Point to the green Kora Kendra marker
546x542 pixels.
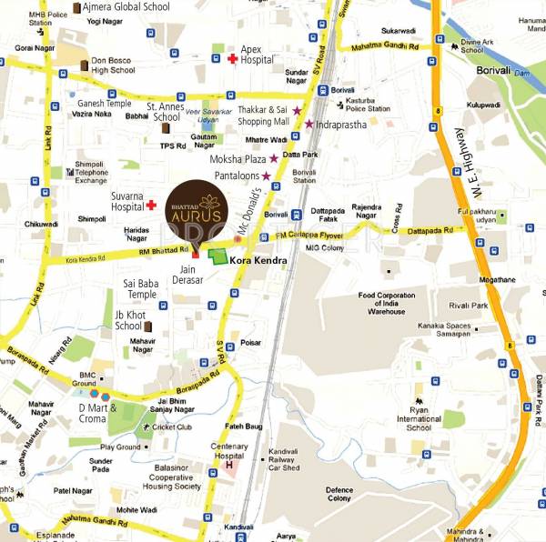(x=217, y=257)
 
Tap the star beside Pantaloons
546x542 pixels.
(x=267, y=175)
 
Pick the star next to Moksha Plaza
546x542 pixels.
(x=273, y=158)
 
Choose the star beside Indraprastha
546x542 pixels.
(x=308, y=124)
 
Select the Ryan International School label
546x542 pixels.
(x=419, y=421)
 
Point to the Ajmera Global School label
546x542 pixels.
(x=125, y=6)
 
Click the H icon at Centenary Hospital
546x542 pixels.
(x=229, y=467)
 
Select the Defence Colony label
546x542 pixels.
(x=339, y=495)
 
